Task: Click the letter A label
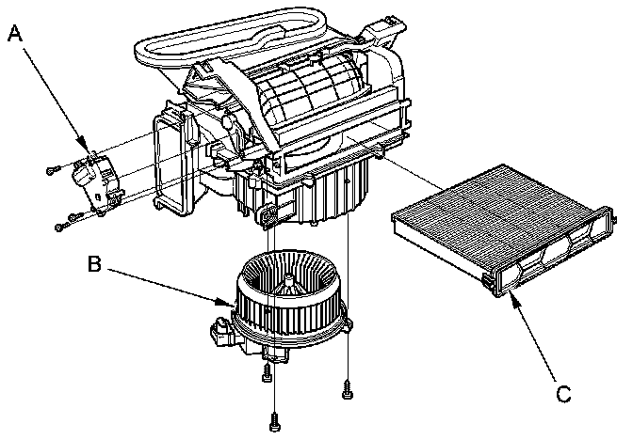(x=15, y=34)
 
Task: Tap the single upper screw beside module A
(x=52, y=170)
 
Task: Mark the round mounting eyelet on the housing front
(x=271, y=219)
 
